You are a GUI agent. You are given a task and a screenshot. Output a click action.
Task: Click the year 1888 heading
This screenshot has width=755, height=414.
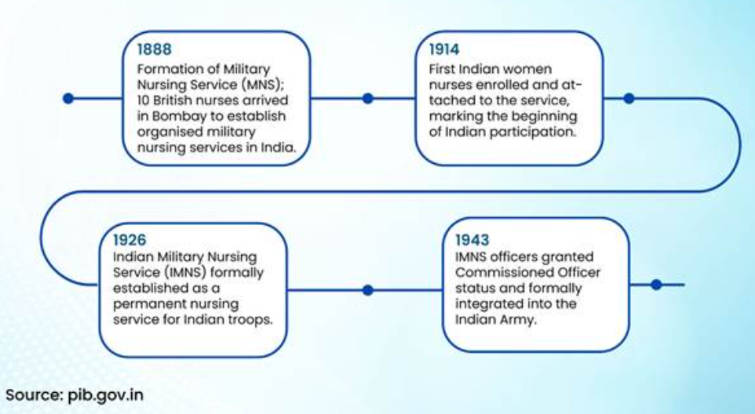click(x=152, y=49)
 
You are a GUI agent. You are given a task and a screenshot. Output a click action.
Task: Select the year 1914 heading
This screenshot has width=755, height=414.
click(x=443, y=49)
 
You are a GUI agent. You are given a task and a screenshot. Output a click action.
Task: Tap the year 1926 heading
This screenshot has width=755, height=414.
click(x=128, y=240)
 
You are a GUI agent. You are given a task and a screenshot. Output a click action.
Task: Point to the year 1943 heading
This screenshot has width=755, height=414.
click(x=472, y=240)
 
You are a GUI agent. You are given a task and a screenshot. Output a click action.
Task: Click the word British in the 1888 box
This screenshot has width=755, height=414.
click(x=176, y=100)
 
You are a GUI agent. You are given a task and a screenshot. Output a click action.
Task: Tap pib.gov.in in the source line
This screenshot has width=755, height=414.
click(x=99, y=394)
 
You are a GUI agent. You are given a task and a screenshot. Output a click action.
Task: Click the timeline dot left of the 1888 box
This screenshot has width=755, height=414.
click(x=68, y=98)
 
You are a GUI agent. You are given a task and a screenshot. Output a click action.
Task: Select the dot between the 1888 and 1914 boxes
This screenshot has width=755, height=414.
click(x=367, y=98)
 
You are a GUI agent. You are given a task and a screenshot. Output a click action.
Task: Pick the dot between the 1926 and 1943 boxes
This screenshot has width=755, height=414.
click(x=367, y=289)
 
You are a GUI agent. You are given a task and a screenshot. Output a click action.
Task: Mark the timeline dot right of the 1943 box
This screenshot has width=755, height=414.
click(x=656, y=284)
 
